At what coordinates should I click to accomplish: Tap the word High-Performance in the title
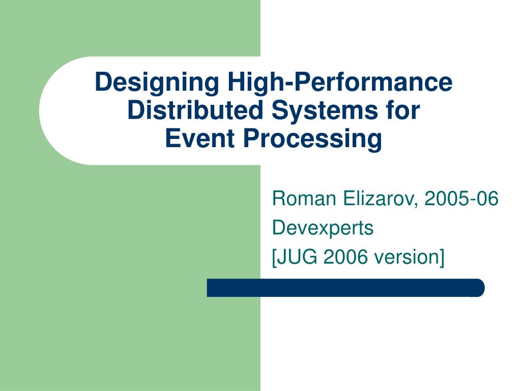click(340, 82)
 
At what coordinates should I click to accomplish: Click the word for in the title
click(405, 110)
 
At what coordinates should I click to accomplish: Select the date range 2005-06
click(461, 199)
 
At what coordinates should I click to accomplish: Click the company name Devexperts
click(323, 228)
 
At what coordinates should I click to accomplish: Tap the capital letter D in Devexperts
click(278, 228)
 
